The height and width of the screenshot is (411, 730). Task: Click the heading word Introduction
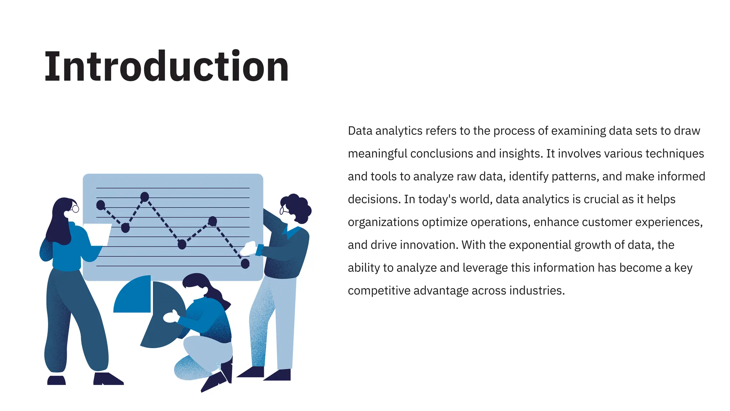166,67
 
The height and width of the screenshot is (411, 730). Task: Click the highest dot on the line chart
145,197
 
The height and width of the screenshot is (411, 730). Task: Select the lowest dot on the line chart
245,264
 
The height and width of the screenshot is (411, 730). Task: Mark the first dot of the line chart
101,205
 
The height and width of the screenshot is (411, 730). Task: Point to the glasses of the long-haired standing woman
75,209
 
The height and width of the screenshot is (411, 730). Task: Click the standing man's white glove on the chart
249,248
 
